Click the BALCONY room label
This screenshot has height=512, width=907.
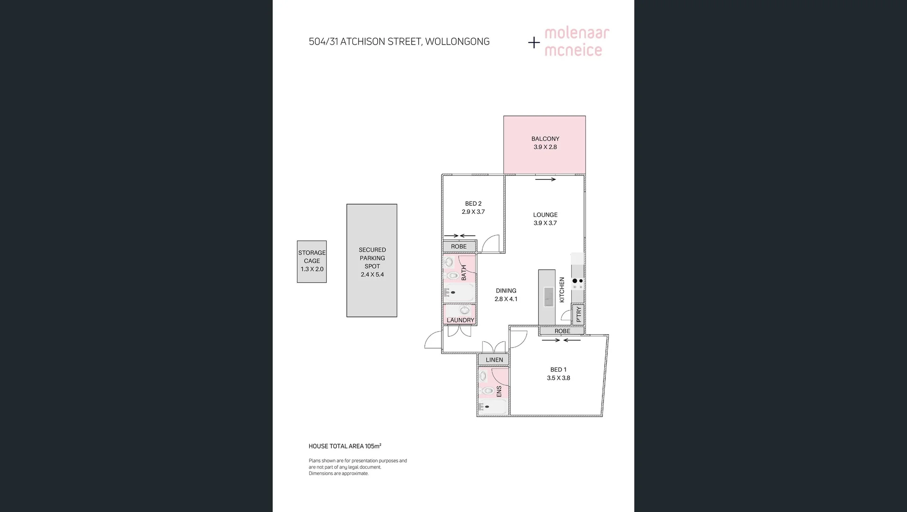click(x=545, y=139)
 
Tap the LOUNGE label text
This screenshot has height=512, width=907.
click(x=545, y=215)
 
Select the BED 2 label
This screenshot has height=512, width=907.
click(x=473, y=204)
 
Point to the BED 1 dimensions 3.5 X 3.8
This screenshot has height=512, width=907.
click(x=558, y=378)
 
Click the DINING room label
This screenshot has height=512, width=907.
click(x=506, y=291)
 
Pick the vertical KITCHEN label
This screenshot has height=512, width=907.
click(x=562, y=290)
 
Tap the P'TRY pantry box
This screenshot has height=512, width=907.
click(x=578, y=314)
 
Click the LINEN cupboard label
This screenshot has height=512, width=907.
click(x=494, y=360)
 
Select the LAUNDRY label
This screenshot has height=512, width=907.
click(x=460, y=320)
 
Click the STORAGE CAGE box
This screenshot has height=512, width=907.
click(x=312, y=261)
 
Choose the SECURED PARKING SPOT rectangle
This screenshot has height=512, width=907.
click(x=372, y=261)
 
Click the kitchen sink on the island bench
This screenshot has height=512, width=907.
click(x=548, y=297)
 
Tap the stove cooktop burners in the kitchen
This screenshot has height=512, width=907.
click(x=577, y=283)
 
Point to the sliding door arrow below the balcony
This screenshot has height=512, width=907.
click(x=546, y=179)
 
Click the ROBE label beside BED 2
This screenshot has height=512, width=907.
click(x=458, y=247)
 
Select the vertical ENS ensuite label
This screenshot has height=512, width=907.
click(x=499, y=392)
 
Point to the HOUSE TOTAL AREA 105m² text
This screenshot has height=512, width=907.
click(x=345, y=446)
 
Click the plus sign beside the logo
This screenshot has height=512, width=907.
click(x=534, y=43)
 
